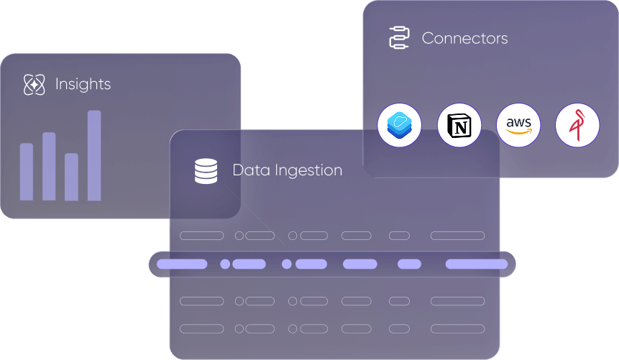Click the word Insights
pos(83,85)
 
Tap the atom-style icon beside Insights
pos(34,85)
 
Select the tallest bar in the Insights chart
pos(94,155)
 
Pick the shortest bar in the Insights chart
pos(71,177)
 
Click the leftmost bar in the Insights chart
pos(27,172)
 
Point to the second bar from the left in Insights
pos(49,166)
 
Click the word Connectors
pos(464,38)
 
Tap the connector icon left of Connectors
pos(398,37)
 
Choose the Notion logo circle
pos(459,126)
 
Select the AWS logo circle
pos(518,126)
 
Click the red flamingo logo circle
pos(577,126)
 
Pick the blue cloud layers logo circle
pos(399,126)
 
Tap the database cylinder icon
pos(206,171)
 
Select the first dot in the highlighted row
pos(225,264)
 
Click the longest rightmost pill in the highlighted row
pos(477,264)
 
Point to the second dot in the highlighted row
pos(287,264)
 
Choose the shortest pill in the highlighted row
pos(409,264)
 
